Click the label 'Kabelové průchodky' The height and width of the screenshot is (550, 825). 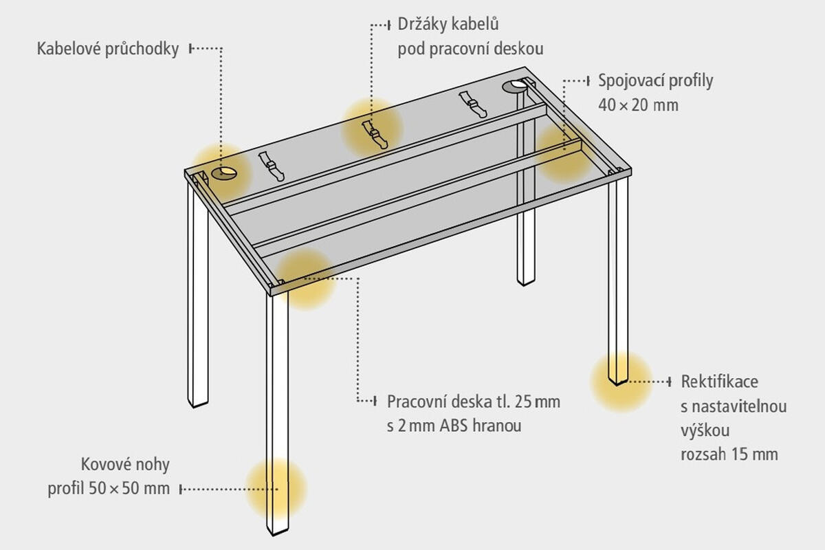click(x=108, y=49)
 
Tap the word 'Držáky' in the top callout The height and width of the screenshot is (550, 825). click(x=422, y=25)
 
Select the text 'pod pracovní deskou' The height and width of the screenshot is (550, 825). click(x=470, y=49)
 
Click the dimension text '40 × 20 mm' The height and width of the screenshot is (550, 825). click(x=638, y=105)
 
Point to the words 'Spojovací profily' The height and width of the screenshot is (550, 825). click(x=656, y=81)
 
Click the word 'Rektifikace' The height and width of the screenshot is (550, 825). click(x=720, y=382)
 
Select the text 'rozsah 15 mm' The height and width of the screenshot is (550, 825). click(x=729, y=454)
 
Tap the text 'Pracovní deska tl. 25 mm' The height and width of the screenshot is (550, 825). click(x=474, y=402)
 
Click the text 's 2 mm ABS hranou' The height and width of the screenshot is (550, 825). click(x=454, y=426)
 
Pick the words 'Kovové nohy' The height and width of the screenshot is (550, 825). click(x=125, y=465)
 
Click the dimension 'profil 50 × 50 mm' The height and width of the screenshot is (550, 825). click(x=109, y=489)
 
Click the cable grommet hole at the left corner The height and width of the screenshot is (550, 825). click(x=224, y=173)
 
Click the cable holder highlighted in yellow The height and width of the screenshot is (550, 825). click(x=375, y=135)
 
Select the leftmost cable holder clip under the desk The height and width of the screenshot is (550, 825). click(x=272, y=167)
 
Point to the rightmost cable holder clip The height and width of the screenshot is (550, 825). click(x=473, y=104)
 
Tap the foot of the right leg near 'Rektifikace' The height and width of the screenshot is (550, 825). click(x=618, y=384)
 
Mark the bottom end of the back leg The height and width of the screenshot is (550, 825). click(x=525, y=285)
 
